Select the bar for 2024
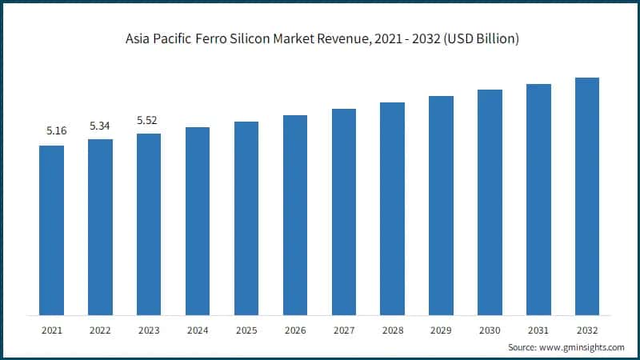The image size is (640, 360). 198,221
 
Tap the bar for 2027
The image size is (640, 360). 344,211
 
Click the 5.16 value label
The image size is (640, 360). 56,130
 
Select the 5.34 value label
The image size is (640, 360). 100,125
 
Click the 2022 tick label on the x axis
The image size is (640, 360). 100,330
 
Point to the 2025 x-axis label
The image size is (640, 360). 246,330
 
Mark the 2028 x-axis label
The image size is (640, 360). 392,330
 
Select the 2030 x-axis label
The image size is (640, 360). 490,330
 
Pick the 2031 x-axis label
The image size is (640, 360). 538,330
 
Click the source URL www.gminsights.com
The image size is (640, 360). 582,348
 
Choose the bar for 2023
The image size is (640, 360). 149,224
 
